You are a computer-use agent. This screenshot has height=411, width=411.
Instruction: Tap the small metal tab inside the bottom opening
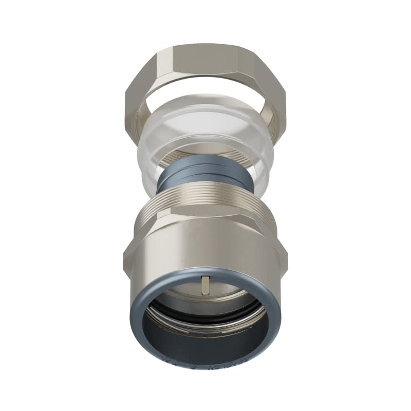(x=206, y=283)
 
